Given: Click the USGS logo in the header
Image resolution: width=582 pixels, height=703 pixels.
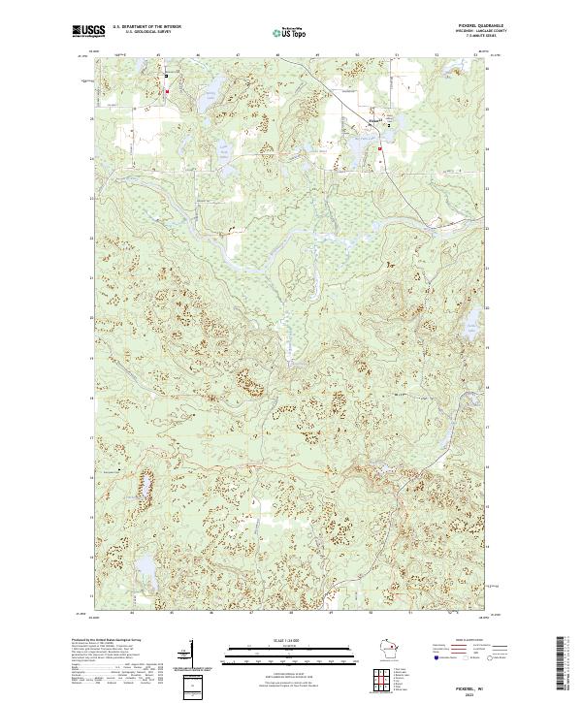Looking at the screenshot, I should click(88, 31).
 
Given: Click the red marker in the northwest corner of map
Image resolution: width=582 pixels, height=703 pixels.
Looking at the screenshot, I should click(168, 92).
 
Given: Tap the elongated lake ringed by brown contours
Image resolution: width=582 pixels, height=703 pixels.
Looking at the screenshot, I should click(148, 482).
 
